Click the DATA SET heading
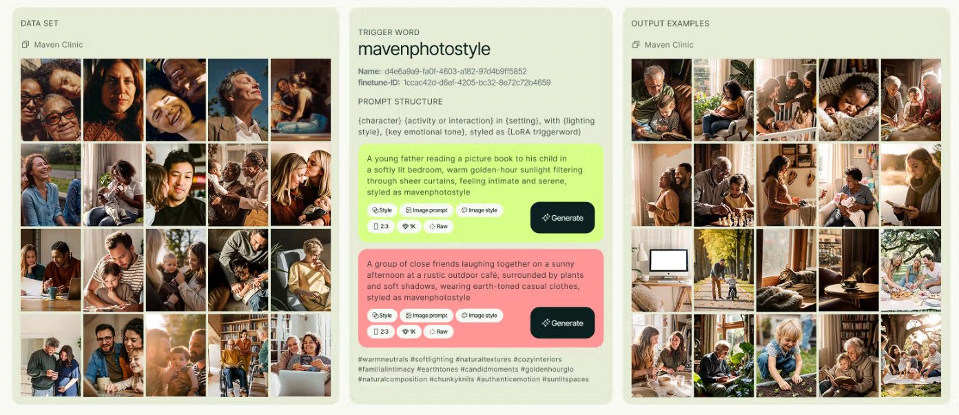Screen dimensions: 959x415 (x=39, y=23)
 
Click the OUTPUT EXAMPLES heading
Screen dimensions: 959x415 (x=670, y=23)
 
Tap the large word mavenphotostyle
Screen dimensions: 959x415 (x=424, y=49)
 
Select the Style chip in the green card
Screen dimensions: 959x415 (x=382, y=210)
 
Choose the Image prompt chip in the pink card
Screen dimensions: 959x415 (x=426, y=316)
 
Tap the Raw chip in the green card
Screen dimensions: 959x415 (x=438, y=226)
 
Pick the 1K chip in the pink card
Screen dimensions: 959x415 (x=409, y=332)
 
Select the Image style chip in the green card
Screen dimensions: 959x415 (x=479, y=210)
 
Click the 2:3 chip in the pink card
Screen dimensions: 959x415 (x=381, y=332)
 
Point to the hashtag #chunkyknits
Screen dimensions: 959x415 (x=451, y=379)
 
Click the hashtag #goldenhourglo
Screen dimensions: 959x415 (x=547, y=370)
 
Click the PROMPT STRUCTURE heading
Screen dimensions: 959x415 (x=400, y=101)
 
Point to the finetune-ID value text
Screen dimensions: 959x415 (x=477, y=82)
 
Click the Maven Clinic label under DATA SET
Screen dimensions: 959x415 (x=59, y=45)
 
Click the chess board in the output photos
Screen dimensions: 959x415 (x=734, y=220)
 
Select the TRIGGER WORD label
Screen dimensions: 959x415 (x=389, y=32)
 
